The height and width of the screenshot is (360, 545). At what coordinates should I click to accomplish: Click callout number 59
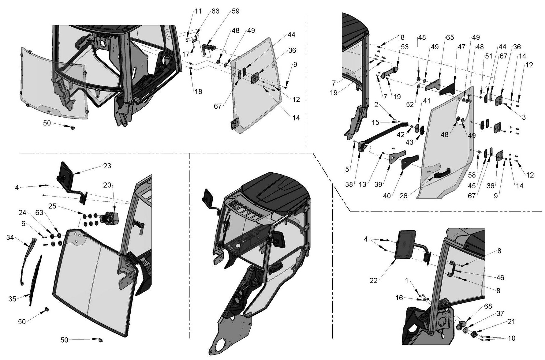(x=235, y=11)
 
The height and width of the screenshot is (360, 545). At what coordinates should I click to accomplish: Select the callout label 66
(x=215, y=11)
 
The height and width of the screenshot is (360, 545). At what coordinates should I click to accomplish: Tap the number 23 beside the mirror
(x=107, y=166)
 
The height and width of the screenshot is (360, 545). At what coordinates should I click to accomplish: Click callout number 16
(x=399, y=298)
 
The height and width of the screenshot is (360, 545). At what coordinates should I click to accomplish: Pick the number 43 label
(x=409, y=142)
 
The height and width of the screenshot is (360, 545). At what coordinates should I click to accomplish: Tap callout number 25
(x=52, y=206)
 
